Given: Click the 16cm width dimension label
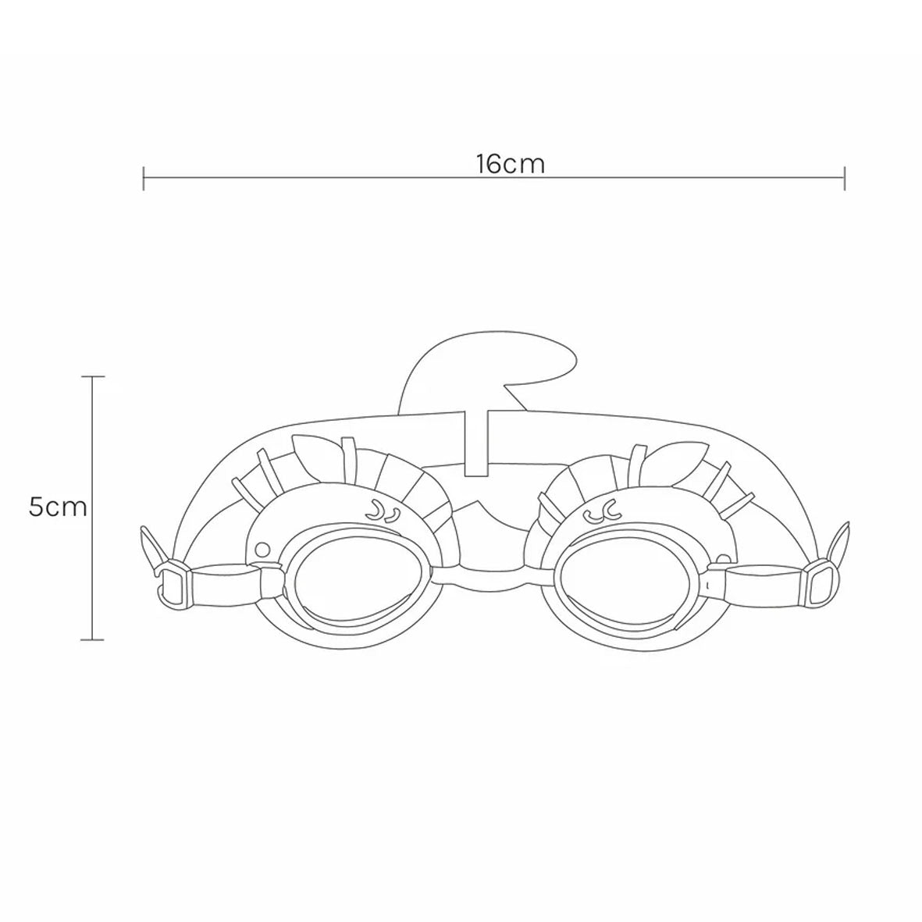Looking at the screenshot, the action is tap(511, 164).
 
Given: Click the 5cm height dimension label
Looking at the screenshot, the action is tap(58, 507).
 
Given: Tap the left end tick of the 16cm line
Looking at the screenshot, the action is tap(144, 178).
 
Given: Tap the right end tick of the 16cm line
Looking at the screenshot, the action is tap(845, 178).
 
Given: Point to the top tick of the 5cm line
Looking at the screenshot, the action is tap(93, 376).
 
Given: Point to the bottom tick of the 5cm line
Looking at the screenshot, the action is tap(93, 639).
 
